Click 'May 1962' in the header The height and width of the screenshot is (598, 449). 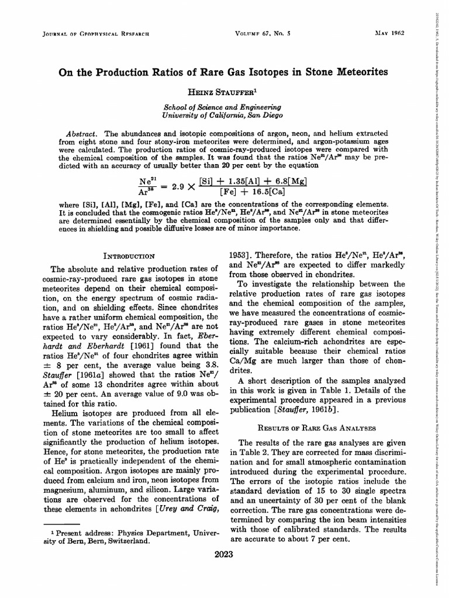[x=391, y=33]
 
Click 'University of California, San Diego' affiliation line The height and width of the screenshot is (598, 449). [x=222, y=116]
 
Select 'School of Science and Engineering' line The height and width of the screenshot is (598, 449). [x=222, y=107]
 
